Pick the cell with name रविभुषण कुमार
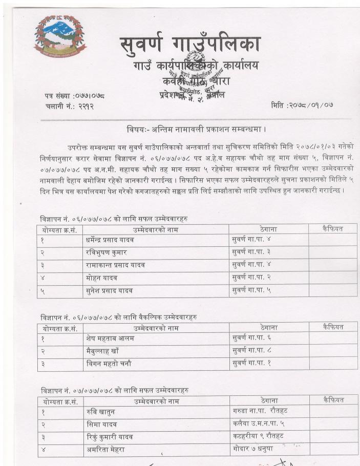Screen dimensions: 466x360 106,252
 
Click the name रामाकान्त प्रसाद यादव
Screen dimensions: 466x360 115,265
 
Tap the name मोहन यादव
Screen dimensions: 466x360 102,278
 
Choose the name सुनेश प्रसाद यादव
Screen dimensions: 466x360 110,291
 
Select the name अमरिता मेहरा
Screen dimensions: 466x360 106,449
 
